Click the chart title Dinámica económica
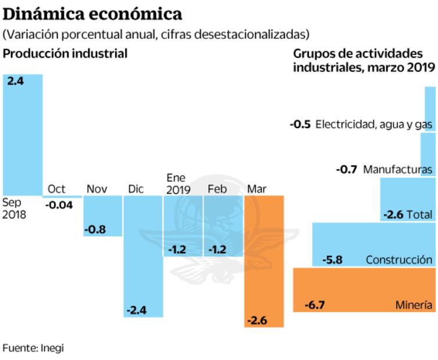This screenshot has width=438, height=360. [x=93, y=13]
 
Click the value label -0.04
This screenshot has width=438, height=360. [x=59, y=205]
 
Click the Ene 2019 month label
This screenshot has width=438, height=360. [x=178, y=183]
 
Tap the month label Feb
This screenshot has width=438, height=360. [x=217, y=189]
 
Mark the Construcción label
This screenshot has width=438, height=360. [x=398, y=260]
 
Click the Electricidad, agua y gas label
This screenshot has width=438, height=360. [x=374, y=124]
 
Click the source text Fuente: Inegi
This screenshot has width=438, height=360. [x=33, y=348]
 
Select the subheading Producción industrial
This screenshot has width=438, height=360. [x=65, y=53]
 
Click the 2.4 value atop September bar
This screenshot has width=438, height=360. [x=15, y=82]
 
